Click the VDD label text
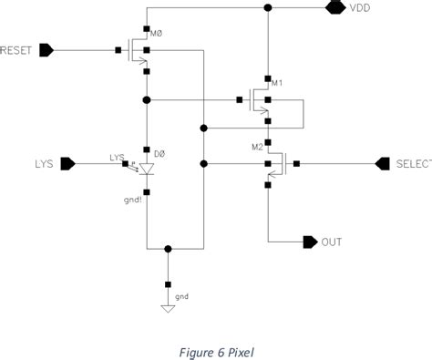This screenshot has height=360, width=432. point(361,8)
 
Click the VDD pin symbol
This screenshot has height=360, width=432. point(334,8)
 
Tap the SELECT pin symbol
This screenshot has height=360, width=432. point(383,163)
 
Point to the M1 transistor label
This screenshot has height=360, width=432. point(278,83)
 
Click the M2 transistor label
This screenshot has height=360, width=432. point(258,146)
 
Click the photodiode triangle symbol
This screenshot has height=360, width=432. point(146,170)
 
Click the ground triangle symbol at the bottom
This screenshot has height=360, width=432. point(167,308)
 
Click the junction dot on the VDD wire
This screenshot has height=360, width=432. point(267,8)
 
